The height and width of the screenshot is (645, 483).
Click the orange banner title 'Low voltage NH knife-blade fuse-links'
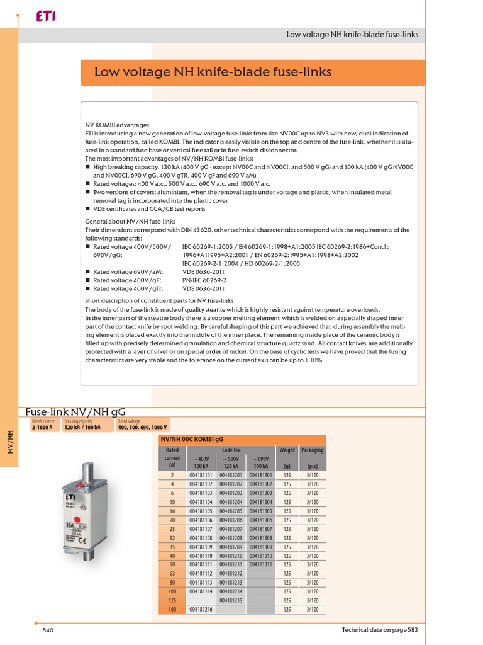(213, 72)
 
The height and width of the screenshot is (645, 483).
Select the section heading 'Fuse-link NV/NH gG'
(79, 412)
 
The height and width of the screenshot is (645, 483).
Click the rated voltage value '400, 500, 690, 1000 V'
(144, 426)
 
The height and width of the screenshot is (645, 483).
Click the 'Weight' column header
(287, 450)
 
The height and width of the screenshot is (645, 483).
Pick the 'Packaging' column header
(312, 450)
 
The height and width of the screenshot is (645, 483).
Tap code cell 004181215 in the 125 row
(232, 600)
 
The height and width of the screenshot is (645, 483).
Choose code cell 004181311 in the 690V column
(261, 565)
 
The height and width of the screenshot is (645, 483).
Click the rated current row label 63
(172, 574)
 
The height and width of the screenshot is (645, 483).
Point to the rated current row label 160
(172, 610)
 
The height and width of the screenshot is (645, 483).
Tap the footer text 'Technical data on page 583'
(379, 630)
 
